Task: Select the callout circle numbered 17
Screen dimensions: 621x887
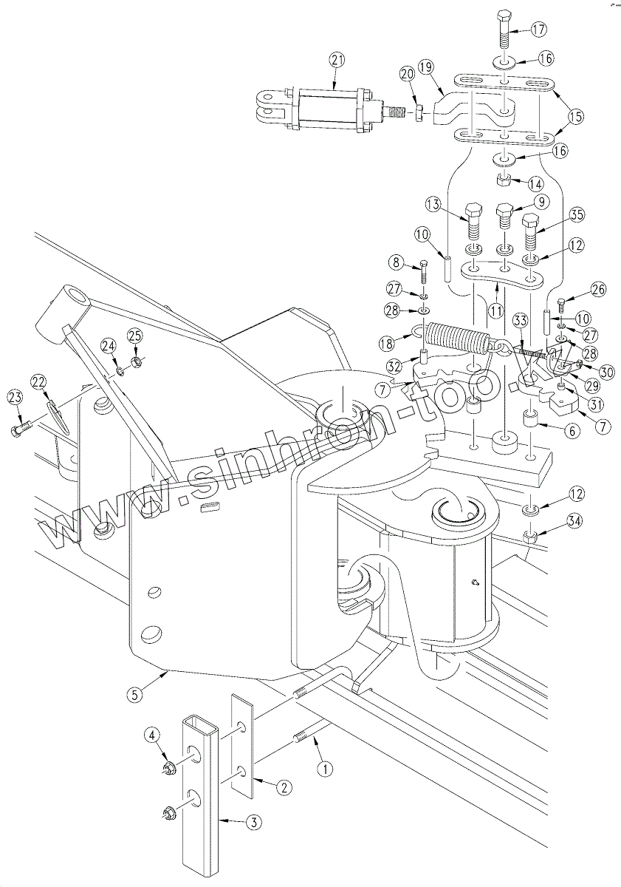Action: (539, 30)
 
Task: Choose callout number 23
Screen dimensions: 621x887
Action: (15, 398)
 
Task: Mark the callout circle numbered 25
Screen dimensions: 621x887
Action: (135, 336)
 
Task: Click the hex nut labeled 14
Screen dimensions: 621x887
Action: (503, 182)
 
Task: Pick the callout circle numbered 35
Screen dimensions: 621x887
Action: (577, 215)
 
